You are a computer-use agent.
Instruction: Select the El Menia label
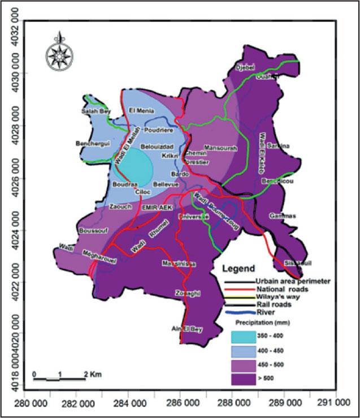pos(139,110)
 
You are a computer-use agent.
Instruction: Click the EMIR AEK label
pos(157,208)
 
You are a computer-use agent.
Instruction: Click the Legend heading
pos(238,269)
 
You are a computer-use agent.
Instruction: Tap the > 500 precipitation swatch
pos(248,378)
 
